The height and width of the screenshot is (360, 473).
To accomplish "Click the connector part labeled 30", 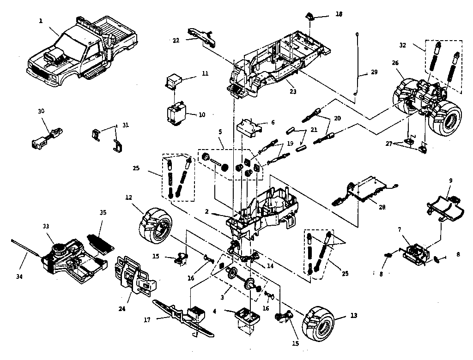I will (x=46, y=138).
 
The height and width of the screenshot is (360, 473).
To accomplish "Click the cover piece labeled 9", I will (x=444, y=205).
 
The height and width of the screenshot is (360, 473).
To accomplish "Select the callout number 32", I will (x=403, y=45).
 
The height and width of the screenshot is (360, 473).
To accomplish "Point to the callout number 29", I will (x=374, y=73).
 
